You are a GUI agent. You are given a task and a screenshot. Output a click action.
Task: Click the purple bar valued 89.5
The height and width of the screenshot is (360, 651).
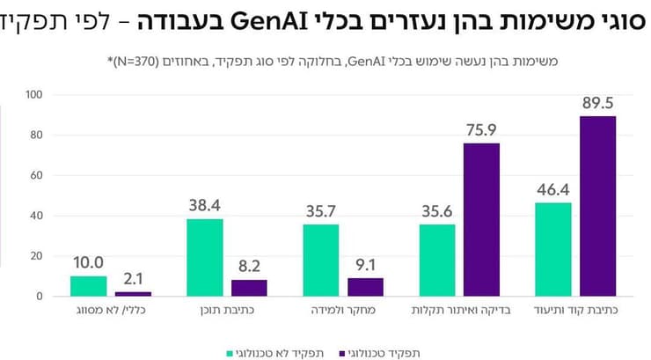tap(596, 206)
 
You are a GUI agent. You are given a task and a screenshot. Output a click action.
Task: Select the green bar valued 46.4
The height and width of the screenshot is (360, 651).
tap(552, 250)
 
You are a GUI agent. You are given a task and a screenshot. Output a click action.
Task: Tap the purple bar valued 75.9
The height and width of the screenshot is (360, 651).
tap(480, 220)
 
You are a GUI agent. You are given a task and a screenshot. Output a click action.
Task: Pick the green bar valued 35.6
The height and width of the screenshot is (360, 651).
tap(436, 261)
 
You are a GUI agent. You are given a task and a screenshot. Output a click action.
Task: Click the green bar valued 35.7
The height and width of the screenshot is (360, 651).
tap(320, 261)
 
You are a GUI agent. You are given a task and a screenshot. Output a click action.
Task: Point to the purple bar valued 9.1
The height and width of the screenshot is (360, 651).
tap(364, 287)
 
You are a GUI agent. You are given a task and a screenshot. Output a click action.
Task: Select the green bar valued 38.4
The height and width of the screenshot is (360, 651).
tap(204, 258)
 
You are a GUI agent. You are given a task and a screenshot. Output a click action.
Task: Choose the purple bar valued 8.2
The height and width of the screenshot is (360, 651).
tap(248, 288)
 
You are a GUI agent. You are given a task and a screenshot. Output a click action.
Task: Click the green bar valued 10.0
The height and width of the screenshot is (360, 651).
tap(88, 286)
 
